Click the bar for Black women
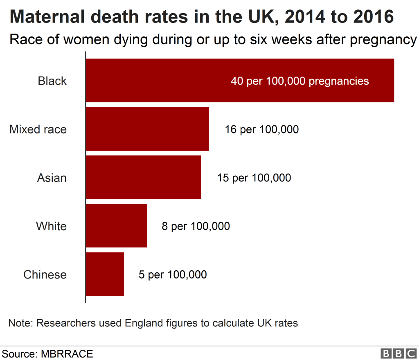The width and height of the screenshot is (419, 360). (164, 80)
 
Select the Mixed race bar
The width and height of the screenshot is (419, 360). (147, 129)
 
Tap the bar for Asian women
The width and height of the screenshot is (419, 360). (143, 177)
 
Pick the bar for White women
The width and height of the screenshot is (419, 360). (116, 226)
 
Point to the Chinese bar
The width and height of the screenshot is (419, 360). (105, 274)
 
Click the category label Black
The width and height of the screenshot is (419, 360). (52, 81)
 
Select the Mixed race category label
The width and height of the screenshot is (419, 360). (38, 129)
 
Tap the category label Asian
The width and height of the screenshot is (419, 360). (52, 178)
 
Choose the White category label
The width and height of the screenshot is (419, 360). (51, 226)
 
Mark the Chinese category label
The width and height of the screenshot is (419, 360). (45, 274)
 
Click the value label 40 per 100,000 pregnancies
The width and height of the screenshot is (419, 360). (300, 81)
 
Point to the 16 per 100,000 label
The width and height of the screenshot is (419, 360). (261, 129)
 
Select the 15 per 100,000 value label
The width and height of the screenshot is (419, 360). (254, 178)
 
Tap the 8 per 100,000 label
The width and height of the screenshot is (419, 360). (196, 226)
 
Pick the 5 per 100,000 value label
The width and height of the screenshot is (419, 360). (173, 274)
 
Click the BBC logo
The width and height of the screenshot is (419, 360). (398, 353)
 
